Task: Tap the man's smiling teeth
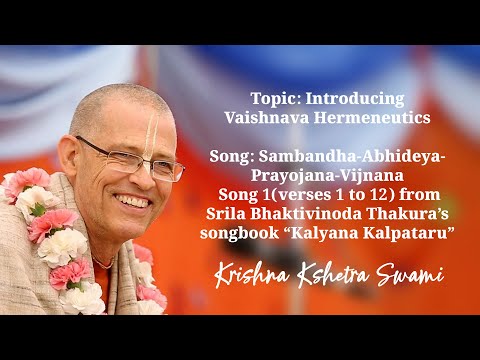click(x=131, y=200)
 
